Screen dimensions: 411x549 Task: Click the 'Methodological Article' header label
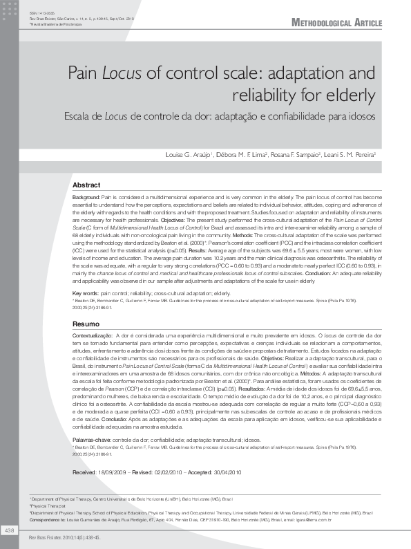point(337,23)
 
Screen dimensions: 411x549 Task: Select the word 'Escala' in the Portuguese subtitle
point(74,116)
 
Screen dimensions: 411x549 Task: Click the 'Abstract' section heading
point(86,185)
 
